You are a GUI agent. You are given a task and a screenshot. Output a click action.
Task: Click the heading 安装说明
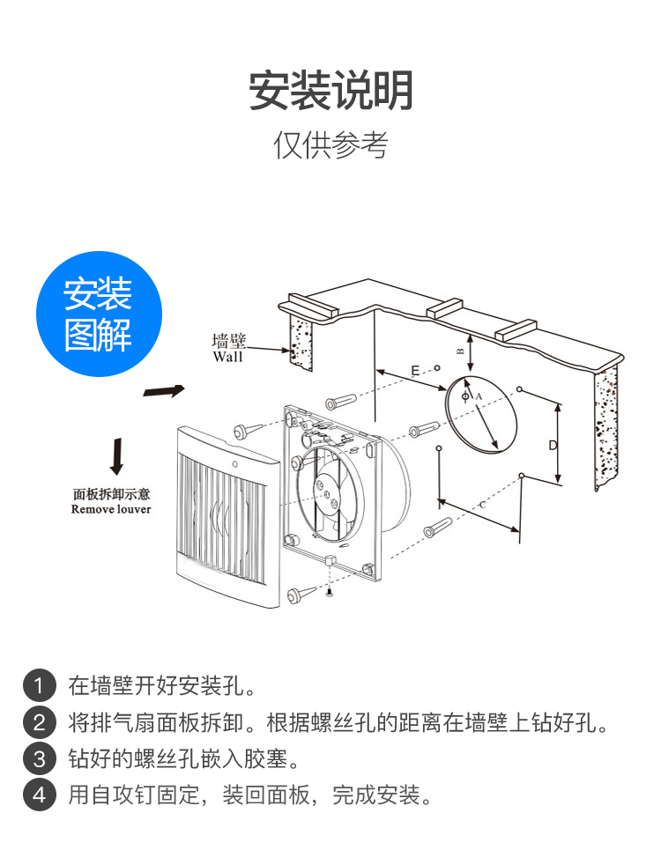pyautogui.click(x=330, y=90)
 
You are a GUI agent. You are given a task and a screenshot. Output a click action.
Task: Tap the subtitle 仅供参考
pyautogui.click(x=330, y=145)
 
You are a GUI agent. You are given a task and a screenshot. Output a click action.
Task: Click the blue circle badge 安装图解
pyautogui.click(x=99, y=314)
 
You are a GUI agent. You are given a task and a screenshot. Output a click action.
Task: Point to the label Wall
pyautogui.click(x=227, y=357)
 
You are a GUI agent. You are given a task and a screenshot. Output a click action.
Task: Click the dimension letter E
pyautogui.click(x=415, y=371)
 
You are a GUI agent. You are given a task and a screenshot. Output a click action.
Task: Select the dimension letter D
pyautogui.click(x=553, y=445)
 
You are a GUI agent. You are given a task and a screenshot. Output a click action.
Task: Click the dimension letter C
pyautogui.click(x=481, y=505)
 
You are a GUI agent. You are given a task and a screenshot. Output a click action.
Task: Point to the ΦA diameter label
pyautogui.click(x=472, y=397)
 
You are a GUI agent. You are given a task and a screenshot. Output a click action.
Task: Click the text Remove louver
pyautogui.click(x=111, y=509)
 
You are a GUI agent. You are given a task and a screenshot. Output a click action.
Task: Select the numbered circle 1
pyautogui.click(x=38, y=684)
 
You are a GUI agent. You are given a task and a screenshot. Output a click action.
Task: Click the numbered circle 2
pyautogui.click(x=38, y=723)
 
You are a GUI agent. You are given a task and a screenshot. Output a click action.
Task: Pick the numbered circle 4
pyautogui.click(x=38, y=795)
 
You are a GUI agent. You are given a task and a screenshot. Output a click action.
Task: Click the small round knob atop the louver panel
pyautogui.click(x=235, y=462)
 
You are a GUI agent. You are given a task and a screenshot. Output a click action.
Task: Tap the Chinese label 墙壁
pyautogui.click(x=229, y=342)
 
